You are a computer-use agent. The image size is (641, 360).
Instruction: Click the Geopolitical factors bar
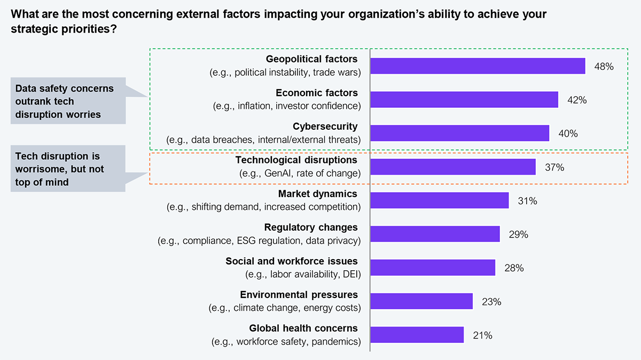click(x=478, y=66)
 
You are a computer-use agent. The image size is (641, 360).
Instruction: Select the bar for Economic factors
click(x=464, y=99)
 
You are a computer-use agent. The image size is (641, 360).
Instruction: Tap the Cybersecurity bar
click(x=459, y=133)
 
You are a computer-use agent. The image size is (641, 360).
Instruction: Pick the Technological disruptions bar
click(x=452, y=167)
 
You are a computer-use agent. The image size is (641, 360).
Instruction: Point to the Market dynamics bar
click(x=439, y=200)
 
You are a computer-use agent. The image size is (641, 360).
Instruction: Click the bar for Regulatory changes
click(x=435, y=234)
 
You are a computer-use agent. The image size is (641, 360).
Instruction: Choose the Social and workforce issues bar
click(x=432, y=268)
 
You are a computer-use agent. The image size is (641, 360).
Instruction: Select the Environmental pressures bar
click(x=421, y=301)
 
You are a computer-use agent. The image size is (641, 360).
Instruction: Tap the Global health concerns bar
click(x=417, y=335)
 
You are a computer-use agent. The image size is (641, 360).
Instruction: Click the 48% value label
click(x=604, y=67)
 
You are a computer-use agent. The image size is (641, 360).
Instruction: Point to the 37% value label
click(x=554, y=167)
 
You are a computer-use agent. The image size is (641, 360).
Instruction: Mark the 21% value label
click(x=482, y=335)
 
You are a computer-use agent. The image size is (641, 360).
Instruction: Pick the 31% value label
click(x=527, y=201)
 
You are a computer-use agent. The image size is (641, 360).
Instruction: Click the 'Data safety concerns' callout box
click(x=68, y=101)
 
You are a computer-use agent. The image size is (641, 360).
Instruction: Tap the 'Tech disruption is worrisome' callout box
click(x=68, y=168)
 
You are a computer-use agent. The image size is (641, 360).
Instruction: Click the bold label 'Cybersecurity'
click(x=325, y=127)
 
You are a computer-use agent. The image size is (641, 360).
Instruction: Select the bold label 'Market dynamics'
click(x=317, y=194)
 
